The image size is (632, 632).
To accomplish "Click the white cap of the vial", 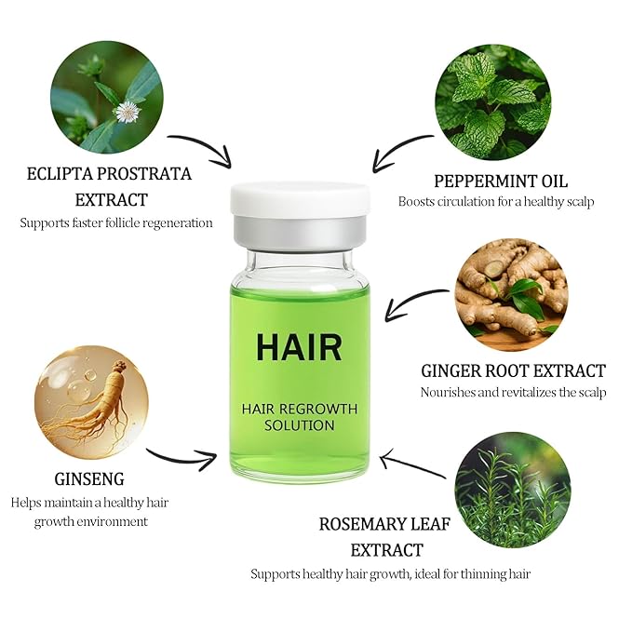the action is tap(300, 199).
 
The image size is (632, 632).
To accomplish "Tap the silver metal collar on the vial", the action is tap(300, 233).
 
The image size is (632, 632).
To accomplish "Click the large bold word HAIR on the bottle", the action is tap(299, 347).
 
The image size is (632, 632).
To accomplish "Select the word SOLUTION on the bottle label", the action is tap(300, 425).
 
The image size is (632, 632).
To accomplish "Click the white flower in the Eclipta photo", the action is tap(128, 112).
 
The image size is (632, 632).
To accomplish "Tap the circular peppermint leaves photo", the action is tap(493, 101).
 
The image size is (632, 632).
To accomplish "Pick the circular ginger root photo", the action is tap(512, 294).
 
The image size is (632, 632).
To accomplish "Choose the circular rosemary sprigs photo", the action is tap(513, 490).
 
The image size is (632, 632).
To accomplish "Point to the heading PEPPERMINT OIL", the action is tap(501, 182).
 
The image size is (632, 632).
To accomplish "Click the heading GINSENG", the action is tap(89, 479).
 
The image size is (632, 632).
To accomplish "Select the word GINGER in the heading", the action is tap(452, 371).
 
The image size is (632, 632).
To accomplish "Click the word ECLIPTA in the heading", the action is tap(59, 174).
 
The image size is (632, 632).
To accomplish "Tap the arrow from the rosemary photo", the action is tap(411, 464).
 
